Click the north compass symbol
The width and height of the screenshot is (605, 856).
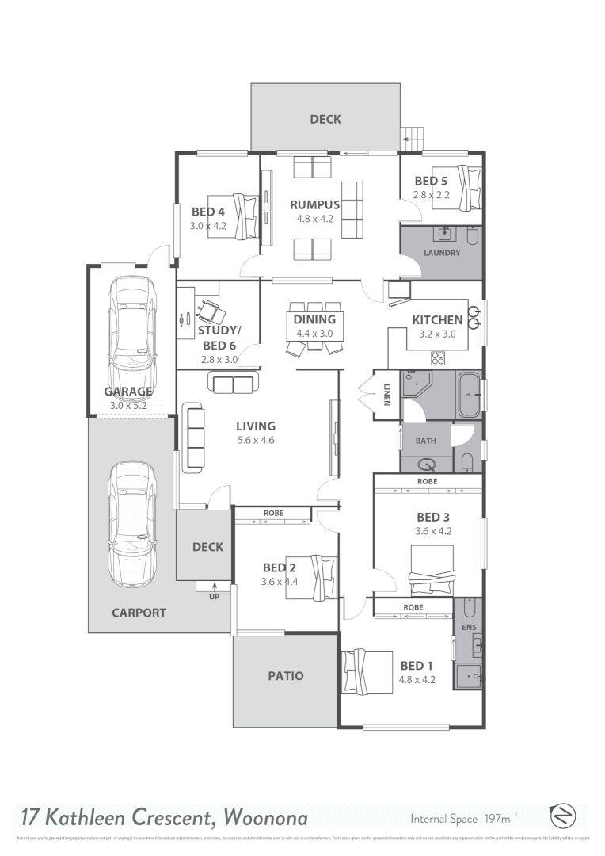(x=562, y=816)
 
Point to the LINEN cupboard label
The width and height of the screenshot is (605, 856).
(x=387, y=393)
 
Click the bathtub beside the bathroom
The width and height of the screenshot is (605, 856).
(x=469, y=394)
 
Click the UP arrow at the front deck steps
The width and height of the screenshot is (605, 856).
(x=214, y=588)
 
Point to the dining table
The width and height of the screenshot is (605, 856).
(x=314, y=327)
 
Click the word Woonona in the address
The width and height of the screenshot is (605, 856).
(x=266, y=816)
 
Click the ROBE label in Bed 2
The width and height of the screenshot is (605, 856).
(x=272, y=514)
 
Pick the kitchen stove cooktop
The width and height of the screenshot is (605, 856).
(x=437, y=355)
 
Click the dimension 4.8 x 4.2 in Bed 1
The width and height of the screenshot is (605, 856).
(x=417, y=679)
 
